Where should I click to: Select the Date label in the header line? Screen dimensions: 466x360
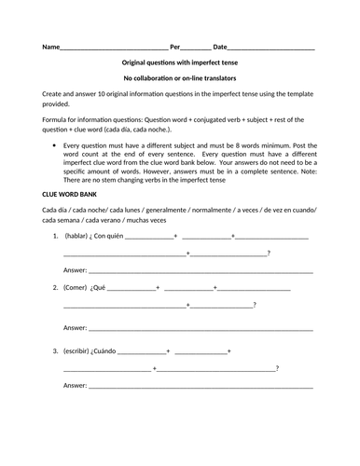tap(220, 46)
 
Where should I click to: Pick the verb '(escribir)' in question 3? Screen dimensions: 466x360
tap(82, 351)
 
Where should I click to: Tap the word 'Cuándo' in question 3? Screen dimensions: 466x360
tap(122, 351)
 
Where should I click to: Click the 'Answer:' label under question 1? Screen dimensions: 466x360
tap(75, 269)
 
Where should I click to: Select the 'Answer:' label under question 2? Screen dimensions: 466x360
tap(75, 327)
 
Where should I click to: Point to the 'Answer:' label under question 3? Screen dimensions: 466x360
tap(75, 384)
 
